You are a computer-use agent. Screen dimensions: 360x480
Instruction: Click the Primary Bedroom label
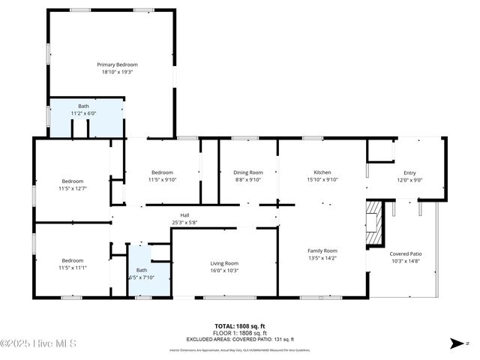click(117, 64)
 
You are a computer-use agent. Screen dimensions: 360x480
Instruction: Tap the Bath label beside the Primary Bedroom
click(83, 106)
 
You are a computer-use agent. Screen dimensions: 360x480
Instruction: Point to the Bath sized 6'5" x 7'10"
click(142, 270)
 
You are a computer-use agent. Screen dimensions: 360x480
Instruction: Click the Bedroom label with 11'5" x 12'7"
click(73, 181)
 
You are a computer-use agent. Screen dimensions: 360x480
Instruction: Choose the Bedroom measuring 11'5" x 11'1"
click(73, 260)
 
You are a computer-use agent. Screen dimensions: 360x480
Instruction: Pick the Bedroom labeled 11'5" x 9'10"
click(162, 172)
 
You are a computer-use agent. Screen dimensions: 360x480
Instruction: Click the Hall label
click(185, 214)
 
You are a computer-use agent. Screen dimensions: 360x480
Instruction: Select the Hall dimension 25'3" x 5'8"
click(185, 222)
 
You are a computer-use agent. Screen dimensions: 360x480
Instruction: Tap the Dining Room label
click(248, 172)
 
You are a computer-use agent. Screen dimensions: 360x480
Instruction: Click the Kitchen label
click(322, 172)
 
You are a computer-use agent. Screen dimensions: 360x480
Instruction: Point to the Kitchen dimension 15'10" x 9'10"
click(322, 180)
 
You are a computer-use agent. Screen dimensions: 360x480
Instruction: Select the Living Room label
click(224, 262)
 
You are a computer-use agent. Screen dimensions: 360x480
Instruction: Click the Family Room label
click(322, 250)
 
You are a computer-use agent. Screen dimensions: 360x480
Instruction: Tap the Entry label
click(409, 172)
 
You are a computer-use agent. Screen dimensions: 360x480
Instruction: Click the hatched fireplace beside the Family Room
click(374, 223)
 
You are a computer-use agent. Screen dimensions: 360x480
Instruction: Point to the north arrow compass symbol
click(458, 343)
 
